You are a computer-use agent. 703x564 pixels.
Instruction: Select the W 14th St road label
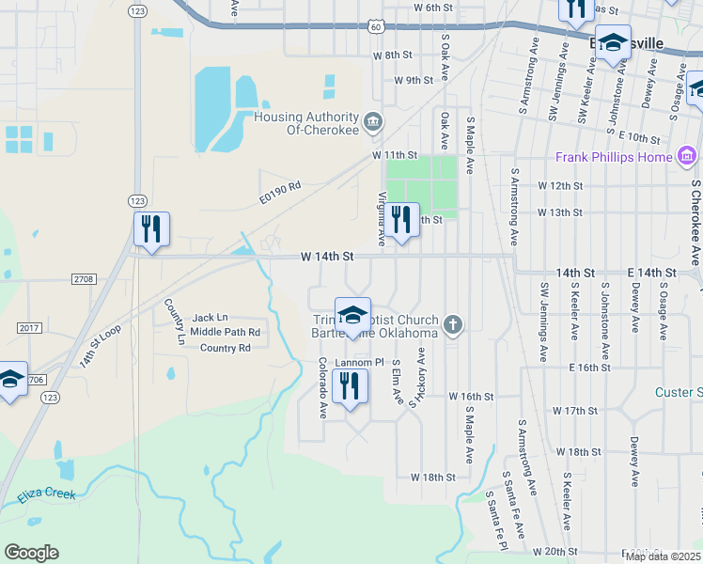tap(327, 256)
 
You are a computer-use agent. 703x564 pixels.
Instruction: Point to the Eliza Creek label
tap(46, 493)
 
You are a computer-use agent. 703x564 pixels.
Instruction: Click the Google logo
tap(31, 553)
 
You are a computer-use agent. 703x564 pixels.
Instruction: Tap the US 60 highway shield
tap(375, 27)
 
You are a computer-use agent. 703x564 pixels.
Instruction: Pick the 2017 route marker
tap(28, 326)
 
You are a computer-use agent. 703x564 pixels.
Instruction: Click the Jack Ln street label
tap(210, 319)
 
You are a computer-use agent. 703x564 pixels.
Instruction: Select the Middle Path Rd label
tap(225, 333)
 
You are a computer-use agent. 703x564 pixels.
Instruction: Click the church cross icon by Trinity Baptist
tap(453, 325)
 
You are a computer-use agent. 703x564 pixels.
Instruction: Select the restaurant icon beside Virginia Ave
tap(401, 220)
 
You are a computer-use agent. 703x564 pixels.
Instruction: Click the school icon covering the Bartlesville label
tap(613, 42)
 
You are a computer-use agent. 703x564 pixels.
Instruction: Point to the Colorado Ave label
tap(322, 388)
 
